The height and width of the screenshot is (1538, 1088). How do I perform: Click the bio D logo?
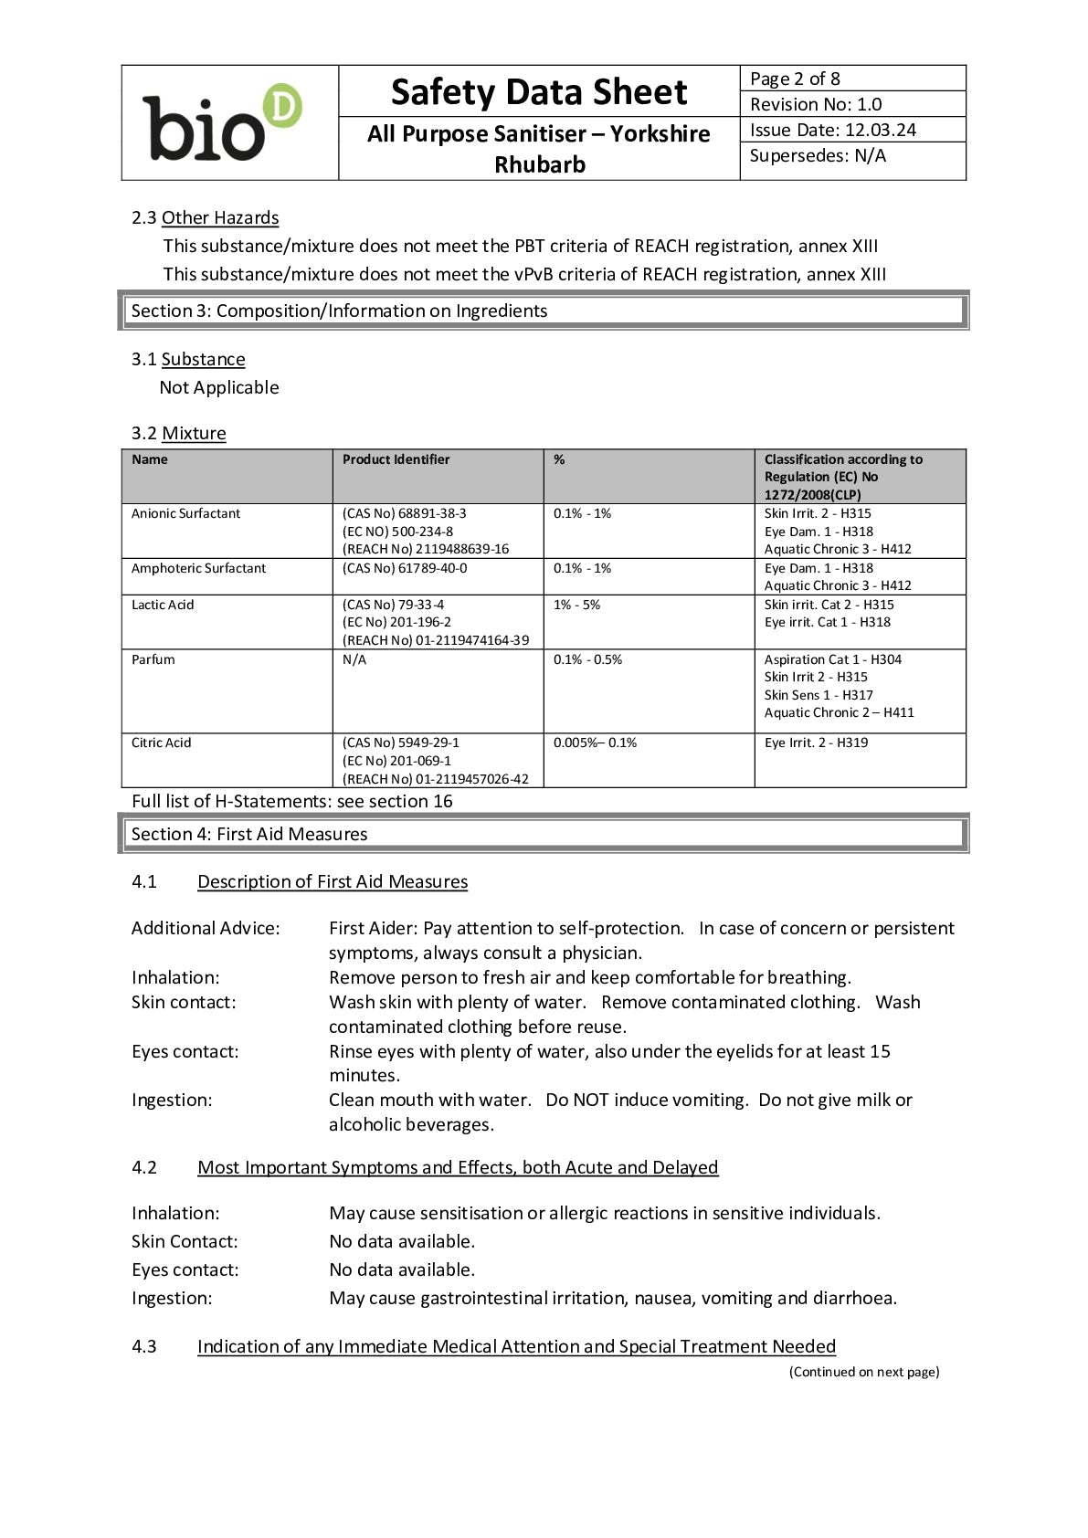(222, 123)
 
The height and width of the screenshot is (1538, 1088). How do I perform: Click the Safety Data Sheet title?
(538, 92)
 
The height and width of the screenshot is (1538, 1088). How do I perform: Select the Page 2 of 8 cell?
(795, 79)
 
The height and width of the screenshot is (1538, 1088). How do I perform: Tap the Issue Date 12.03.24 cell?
(832, 130)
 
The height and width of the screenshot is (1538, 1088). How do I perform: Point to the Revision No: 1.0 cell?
(816, 104)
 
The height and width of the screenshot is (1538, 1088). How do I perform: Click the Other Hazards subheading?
(219, 217)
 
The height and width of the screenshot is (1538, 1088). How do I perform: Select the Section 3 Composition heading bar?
(543, 311)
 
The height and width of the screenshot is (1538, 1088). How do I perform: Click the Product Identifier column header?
(396, 459)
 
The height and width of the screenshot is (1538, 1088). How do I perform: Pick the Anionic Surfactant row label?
(185, 513)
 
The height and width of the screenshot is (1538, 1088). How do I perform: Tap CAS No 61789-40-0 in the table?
(405, 568)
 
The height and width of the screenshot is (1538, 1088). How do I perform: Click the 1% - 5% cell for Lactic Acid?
(576, 605)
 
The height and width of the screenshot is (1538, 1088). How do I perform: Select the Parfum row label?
(153, 659)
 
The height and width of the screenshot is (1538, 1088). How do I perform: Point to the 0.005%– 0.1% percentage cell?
(595, 743)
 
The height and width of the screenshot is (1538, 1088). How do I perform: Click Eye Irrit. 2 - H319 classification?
(816, 743)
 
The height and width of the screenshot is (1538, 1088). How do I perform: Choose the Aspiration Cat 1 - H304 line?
(832, 659)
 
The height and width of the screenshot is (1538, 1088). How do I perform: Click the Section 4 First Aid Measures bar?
(543, 834)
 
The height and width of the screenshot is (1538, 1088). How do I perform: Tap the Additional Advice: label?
(206, 928)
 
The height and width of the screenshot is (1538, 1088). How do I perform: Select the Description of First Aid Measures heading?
(333, 881)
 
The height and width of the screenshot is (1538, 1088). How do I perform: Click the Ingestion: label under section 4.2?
(172, 1298)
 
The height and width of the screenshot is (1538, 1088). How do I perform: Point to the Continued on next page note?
(863, 1372)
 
